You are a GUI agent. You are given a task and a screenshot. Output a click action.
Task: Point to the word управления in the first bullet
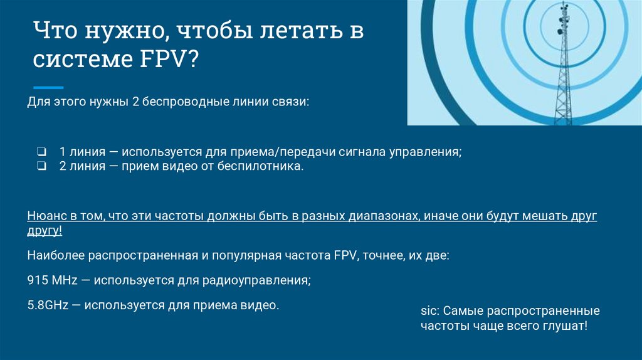click(x=428, y=152)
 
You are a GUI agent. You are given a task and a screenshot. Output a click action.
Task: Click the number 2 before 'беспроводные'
click(x=135, y=102)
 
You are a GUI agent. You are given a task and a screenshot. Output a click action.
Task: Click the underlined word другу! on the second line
click(x=45, y=231)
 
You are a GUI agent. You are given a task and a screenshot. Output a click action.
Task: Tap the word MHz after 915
click(x=63, y=281)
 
